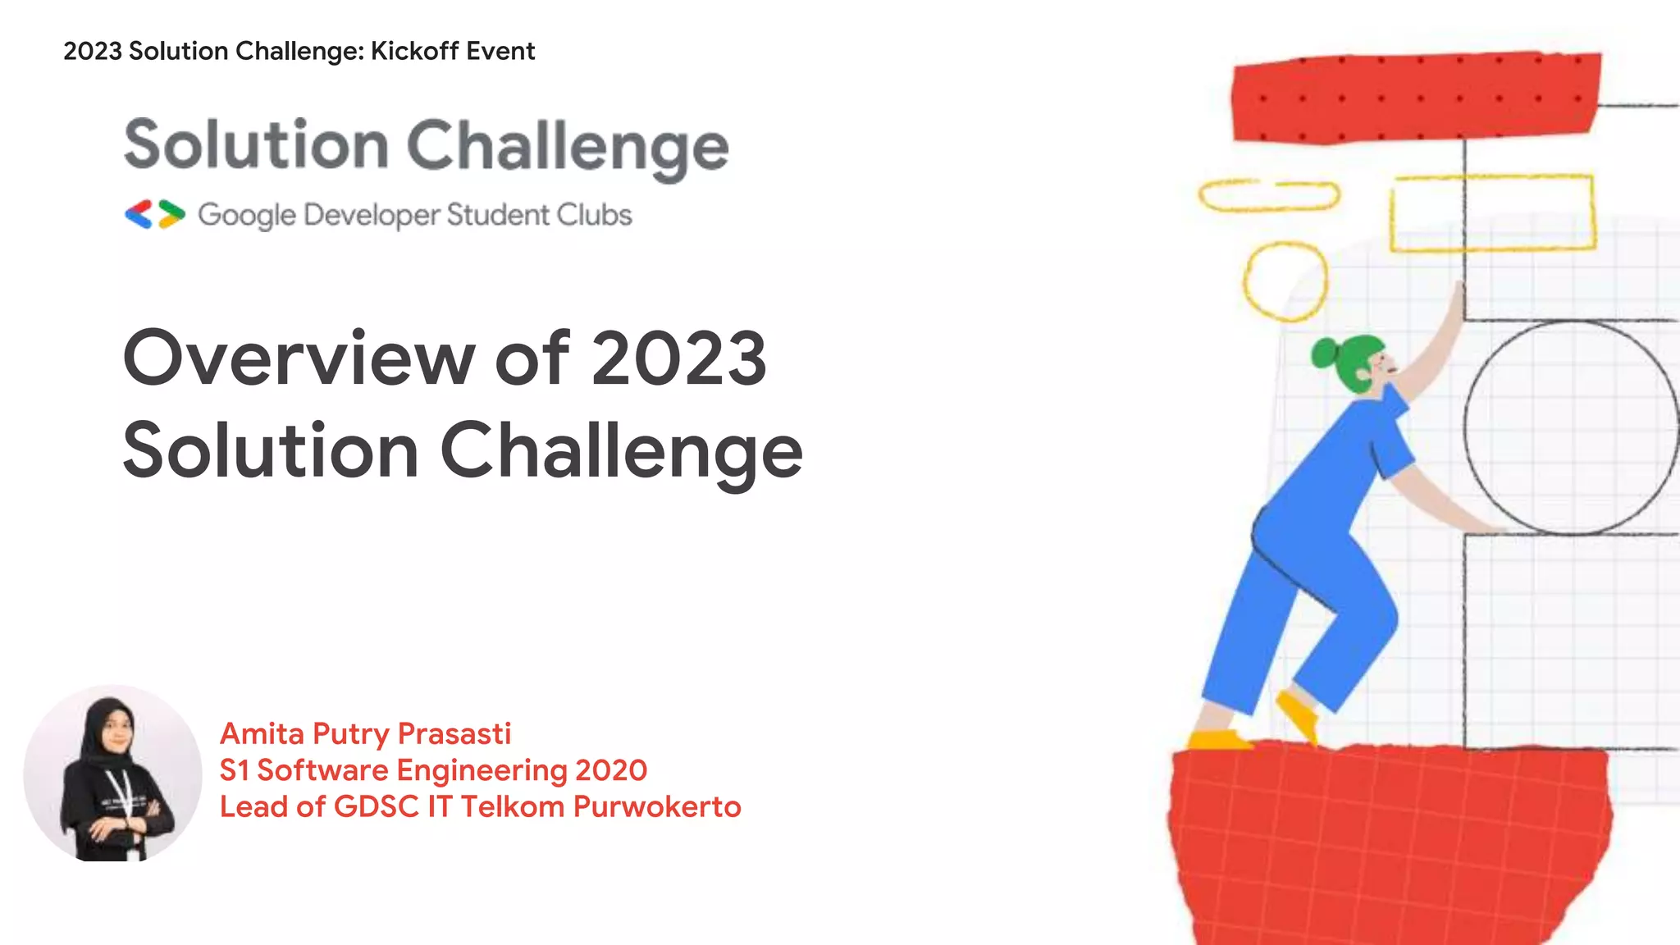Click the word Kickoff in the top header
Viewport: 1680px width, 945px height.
(414, 51)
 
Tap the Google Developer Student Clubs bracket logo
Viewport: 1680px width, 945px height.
(155, 214)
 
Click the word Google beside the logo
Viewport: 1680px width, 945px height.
(246, 215)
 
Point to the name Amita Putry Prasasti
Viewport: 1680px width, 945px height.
(365, 733)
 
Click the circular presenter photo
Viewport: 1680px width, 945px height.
(112, 774)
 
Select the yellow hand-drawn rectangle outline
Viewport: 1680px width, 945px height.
(1492, 212)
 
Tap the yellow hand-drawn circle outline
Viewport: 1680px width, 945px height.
(1285, 281)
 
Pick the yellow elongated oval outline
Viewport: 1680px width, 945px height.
(1268, 196)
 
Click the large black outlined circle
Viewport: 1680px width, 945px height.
(1571, 427)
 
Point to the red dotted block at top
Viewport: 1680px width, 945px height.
(1415, 98)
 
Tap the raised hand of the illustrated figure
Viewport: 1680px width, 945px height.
(1459, 299)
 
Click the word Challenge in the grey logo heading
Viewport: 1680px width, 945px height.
(568, 146)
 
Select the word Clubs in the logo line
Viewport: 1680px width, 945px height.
(594, 215)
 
